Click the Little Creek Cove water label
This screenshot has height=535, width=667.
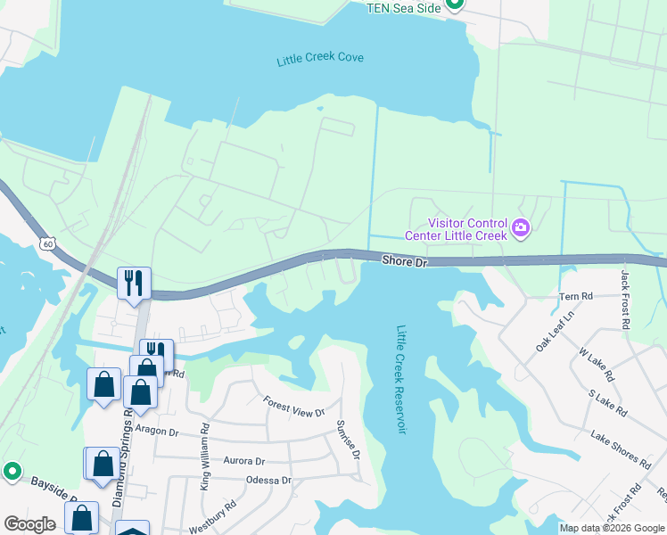pos(320,59)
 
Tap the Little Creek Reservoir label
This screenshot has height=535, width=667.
pos(401,379)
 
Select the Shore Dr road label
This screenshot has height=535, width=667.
pos(406,261)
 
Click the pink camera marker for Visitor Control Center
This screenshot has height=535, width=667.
pos(521,229)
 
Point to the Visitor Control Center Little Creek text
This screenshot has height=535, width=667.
pos(456,229)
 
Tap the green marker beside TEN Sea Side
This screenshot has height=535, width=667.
pos(454,4)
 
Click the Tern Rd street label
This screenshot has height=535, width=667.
pos(575,296)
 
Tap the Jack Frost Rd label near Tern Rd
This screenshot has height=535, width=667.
pos(625,301)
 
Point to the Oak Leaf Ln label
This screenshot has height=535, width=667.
pos(555,330)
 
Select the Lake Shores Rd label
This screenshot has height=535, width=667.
pos(621,448)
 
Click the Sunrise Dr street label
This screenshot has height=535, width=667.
pos(348,440)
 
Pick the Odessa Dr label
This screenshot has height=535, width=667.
pos(268,480)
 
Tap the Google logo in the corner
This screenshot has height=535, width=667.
pos(30,524)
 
